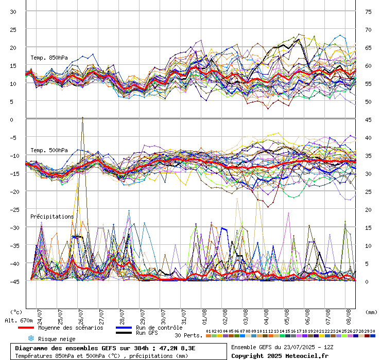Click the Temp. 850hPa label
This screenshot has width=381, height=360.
pyautogui.click(x=49, y=58)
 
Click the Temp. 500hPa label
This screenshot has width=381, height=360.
pyautogui.click(x=49, y=150)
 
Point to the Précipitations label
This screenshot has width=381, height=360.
pyautogui.click(x=52, y=217)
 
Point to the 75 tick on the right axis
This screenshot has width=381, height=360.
pyautogui.click(x=368, y=12)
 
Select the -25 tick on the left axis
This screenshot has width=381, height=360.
pyautogui.click(x=15, y=209)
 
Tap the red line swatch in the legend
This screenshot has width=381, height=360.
pyautogui.click(x=26, y=328)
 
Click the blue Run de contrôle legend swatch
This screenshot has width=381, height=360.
pyautogui.click(x=124, y=328)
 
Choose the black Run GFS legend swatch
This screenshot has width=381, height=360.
pyautogui.click(x=124, y=333)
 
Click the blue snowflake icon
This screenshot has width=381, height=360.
pyautogui.click(x=31, y=338)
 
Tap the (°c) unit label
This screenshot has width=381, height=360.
pyautogui.click(x=16, y=312)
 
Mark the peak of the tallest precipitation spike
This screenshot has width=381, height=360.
pyautogui.click(x=82, y=117)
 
